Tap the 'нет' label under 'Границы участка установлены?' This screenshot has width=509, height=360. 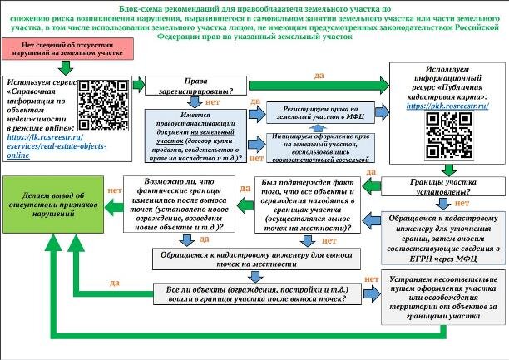461,203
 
